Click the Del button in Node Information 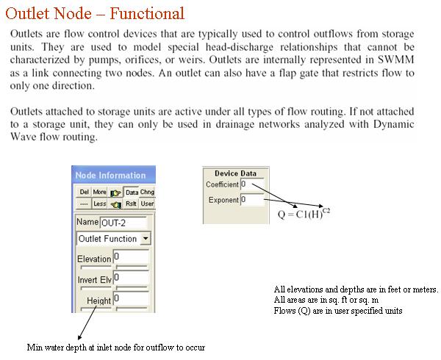84,192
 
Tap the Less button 99,204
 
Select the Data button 132,192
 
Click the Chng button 147,192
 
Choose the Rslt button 131,204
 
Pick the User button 147,204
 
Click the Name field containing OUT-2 123,223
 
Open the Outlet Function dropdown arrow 146,239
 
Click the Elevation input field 131,257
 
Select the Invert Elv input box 131,278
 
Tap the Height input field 131,298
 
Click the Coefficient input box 252,184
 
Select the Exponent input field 252,200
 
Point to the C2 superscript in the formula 326,210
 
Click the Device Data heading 235,173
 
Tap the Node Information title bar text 110,176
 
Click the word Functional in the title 147,13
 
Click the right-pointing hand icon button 115,192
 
